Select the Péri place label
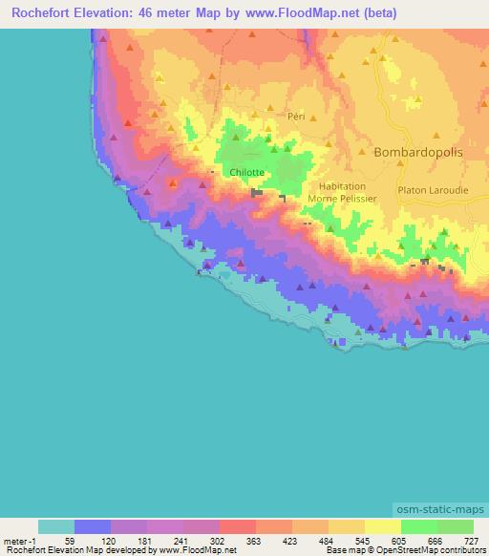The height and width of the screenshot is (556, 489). point(295,115)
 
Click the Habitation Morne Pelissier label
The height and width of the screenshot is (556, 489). point(343,193)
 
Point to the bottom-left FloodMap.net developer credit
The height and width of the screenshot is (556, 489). point(118,550)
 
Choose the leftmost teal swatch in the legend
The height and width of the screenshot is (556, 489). point(56,526)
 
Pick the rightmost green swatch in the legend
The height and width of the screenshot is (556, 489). point(455,526)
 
